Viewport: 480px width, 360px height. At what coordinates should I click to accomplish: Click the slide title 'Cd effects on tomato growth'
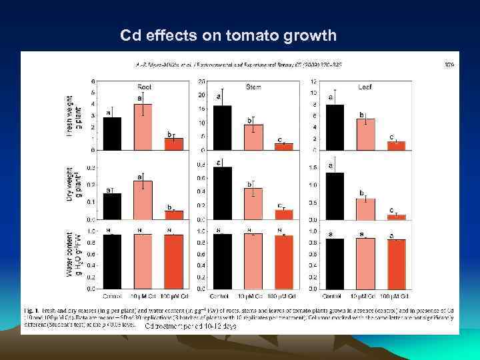click(229, 35)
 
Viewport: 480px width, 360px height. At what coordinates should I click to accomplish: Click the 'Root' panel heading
click(144, 86)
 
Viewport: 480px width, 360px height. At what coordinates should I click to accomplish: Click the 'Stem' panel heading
click(253, 86)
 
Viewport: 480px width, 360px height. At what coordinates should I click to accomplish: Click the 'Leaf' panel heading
click(364, 86)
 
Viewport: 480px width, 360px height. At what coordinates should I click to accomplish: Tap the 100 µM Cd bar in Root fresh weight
click(173, 144)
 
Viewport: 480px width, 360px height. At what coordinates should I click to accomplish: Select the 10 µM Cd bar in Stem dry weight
click(253, 203)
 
